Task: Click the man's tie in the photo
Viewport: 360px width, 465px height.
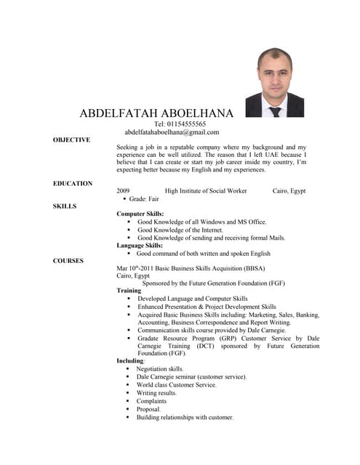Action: [x=274, y=111]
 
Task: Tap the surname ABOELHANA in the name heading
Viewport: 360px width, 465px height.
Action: [x=194, y=113]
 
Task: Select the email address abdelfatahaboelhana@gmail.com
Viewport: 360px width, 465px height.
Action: [x=176, y=132]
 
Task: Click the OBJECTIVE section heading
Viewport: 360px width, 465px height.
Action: [x=71, y=139]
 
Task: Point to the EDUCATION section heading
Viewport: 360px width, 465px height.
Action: [x=73, y=183]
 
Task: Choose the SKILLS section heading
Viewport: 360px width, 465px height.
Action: [x=65, y=206]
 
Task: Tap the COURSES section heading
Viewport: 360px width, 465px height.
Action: [x=68, y=260]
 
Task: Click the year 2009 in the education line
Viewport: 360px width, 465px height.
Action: [x=123, y=190]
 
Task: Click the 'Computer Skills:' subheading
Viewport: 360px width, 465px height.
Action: [x=140, y=214]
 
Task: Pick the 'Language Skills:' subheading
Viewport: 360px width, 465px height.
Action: [x=140, y=246]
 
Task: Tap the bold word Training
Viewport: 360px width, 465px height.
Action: [x=129, y=291]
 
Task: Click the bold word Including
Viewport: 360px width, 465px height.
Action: [x=130, y=360]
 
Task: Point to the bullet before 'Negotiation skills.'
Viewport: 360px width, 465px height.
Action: [x=128, y=368]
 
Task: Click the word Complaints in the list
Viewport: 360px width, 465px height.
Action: [x=151, y=401]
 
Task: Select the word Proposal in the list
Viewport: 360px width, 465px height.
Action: [x=148, y=409]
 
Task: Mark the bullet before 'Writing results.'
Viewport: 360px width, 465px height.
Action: [x=128, y=393]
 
